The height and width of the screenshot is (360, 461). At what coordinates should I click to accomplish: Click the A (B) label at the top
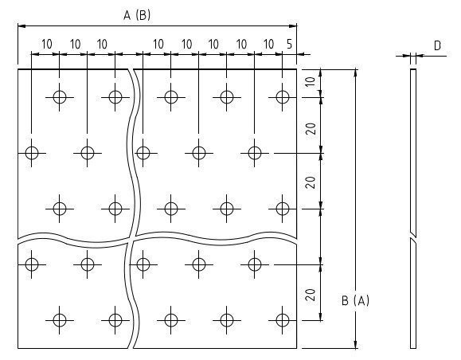(x=137, y=15)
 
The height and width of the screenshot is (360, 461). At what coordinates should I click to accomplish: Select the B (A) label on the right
(x=355, y=300)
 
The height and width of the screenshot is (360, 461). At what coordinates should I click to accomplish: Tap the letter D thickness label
(x=437, y=46)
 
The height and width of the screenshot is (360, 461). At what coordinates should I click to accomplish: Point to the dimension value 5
(x=290, y=44)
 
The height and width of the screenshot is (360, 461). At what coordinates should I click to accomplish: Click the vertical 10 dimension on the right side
(x=311, y=81)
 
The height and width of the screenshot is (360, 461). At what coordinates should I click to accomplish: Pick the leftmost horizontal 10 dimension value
(x=47, y=45)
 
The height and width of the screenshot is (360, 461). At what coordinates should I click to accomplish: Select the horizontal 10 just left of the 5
(x=268, y=44)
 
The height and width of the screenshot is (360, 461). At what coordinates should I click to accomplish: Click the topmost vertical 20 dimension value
(x=311, y=128)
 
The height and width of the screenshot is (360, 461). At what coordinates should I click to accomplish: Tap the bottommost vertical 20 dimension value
(x=311, y=295)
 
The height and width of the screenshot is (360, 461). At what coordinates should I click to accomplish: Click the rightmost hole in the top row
(x=283, y=97)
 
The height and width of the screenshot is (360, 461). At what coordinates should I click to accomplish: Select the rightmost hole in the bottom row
(x=283, y=320)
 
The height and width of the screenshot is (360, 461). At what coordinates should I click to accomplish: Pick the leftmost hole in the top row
(x=60, y=97)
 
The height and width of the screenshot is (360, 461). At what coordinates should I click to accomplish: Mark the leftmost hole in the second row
(x=32, y=153)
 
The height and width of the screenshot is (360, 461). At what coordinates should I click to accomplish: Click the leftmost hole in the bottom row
(x=60, y=320)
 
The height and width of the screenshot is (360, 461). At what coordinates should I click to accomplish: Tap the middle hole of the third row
(x=171, y=209)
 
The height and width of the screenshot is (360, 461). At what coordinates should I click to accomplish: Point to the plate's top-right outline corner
(x=297, y=69)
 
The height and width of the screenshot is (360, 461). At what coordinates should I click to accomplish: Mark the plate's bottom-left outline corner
(x=18, y=348)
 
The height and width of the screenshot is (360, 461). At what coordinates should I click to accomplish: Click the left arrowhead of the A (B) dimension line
(x=21, y=25)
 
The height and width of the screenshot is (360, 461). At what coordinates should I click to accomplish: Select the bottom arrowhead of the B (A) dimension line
(x=355, y=344)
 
